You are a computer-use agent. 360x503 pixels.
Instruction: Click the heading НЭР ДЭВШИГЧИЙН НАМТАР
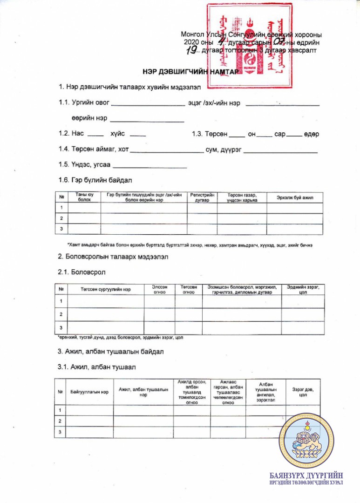pos(190,72)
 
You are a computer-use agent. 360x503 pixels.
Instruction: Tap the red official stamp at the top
pos(249,45)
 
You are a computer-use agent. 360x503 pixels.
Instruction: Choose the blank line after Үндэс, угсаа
pos(150,166)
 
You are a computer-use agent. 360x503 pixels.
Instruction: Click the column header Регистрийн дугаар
pos(202,197)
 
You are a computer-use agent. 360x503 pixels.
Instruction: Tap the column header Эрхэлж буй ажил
pos(295,197)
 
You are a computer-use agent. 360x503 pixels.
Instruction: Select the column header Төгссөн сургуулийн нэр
pos(106,289)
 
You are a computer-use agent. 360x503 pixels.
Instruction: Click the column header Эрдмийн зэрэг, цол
pos(303,289)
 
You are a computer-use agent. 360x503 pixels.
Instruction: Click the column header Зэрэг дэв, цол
pos(303,392)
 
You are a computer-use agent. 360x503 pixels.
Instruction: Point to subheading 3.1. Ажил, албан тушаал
pos(97,367)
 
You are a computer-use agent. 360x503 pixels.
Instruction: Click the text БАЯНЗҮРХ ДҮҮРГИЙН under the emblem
pos(306,476)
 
